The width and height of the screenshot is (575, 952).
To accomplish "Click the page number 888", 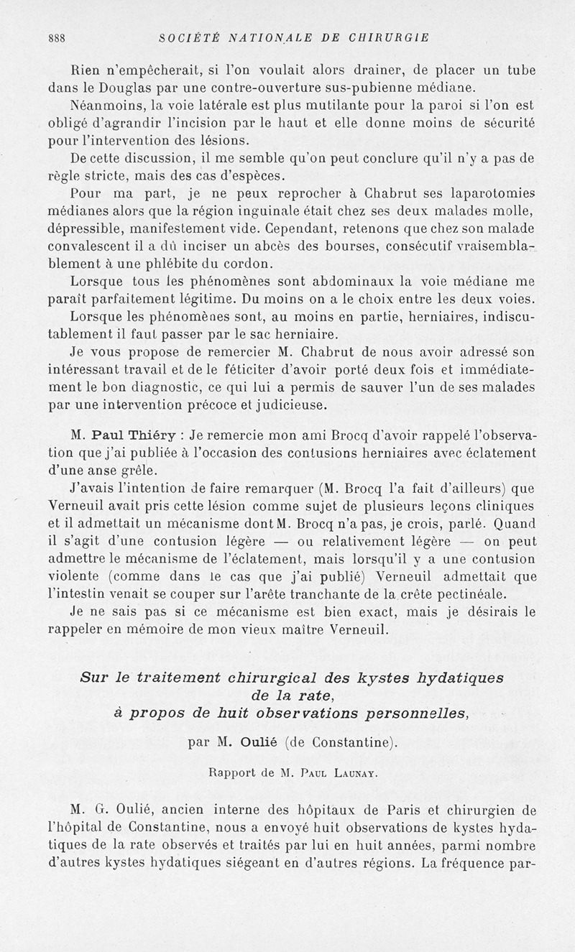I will pos(57,39).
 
